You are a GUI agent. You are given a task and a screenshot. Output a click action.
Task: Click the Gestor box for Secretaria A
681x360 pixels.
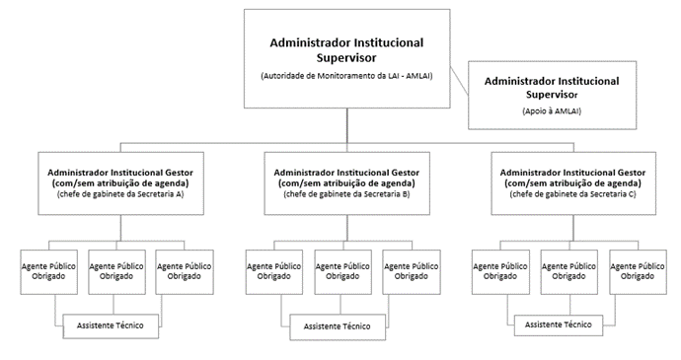tap(120, 182)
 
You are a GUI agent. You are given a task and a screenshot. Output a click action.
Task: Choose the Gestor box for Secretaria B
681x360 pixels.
tap(345, 182)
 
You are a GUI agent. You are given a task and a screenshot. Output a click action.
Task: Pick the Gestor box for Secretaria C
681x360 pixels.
tap(574, 182)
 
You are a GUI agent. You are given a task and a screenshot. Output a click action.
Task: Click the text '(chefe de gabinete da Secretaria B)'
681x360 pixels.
tap(345, 194)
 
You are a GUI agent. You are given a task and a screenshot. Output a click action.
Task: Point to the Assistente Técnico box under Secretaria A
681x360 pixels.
tap(111, 325)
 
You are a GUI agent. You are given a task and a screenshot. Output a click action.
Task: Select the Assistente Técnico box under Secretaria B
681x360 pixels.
tap(337, 326)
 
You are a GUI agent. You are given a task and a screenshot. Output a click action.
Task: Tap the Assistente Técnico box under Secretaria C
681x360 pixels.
tap(559, 324)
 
